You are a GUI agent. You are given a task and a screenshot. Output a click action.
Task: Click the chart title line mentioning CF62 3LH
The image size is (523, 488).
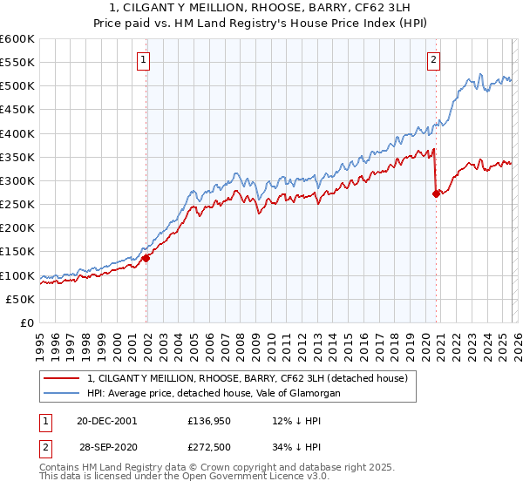pyautogui.click(x=261, y=8)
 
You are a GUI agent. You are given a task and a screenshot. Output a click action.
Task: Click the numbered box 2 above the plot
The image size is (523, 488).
pyautogui.click(x=433, y=60)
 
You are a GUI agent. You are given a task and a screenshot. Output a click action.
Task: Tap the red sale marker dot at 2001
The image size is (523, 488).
pyautogui.click(x=146, y=258)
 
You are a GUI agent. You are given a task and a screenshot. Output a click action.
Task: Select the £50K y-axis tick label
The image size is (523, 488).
pyautogui.click(x=20, y=299)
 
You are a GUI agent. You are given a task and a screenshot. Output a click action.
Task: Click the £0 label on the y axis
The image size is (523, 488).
pyautogui.click(x=28, y=322)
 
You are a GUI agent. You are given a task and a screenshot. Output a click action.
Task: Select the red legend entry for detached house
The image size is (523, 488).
pyautogui.click(x=253, y=378)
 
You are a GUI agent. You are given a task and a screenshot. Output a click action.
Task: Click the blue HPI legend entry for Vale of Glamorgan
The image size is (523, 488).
pyautogui.click(x=213, y=394)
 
